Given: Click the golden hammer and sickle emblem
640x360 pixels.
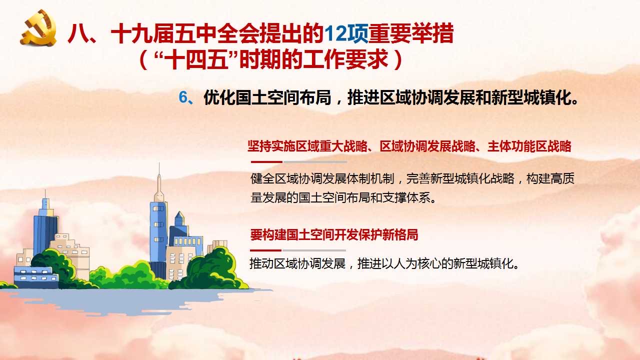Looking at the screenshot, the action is tap(38, 27).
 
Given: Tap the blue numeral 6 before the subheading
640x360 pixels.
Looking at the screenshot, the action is tap(183, 97).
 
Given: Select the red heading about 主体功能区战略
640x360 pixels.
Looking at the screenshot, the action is tap(409, 146).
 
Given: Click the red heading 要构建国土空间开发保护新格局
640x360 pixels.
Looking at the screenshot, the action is tap(334, 235).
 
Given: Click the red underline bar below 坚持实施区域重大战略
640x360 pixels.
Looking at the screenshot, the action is tap(266, 162).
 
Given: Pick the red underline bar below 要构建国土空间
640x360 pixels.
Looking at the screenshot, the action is tap(265, 250).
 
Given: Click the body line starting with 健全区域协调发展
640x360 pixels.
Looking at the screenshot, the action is tap(412, 178).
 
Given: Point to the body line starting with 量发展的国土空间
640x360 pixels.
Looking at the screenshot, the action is tap(343, 197).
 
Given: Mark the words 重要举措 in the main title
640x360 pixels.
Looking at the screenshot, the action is tap(411, 34).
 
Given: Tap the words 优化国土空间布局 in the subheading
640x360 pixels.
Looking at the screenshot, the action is tap(267, 97).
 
